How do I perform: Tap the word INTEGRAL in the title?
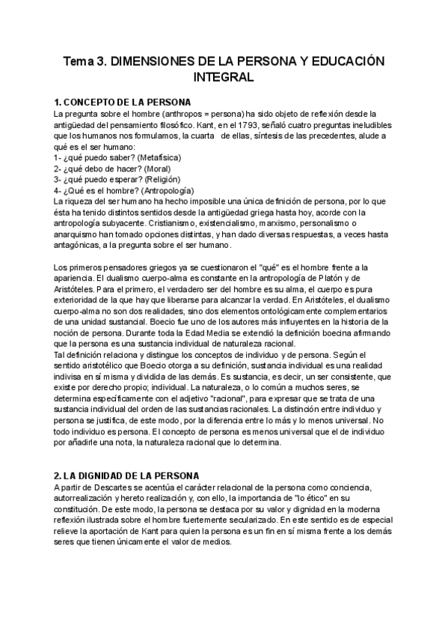[x=223, y=77]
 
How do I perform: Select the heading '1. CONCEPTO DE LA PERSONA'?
[x=123, y=102]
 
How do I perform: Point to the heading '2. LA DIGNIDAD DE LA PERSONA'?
[x=126, y=476]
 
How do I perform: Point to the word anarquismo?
[x=79, y=235]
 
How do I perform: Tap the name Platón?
[x=348, y=280]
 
